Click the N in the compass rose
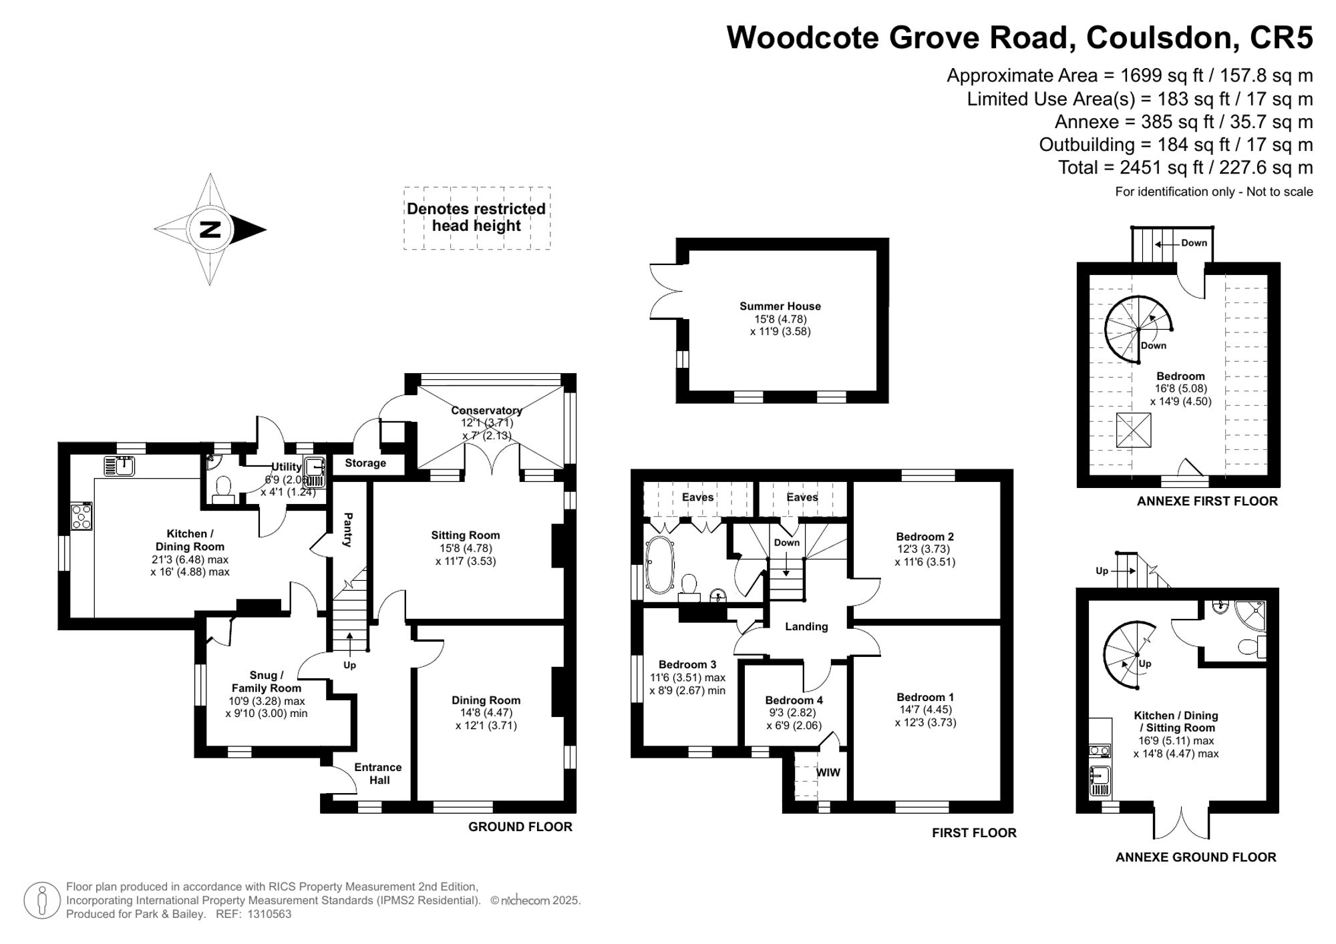click(x=210, y=230)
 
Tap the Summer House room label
click(x=780, y=306)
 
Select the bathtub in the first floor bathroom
click(x=659, y=566)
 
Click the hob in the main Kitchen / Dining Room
click(x=81, y=517)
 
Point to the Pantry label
click(x=348, y=529)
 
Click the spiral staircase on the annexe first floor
click(x=1137, y=329)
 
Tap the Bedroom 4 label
click(x=794, y=700)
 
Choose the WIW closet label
click(x=828, y=772)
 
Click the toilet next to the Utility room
click(x=223, y=487)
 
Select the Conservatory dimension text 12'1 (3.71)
click(x=486, y=423)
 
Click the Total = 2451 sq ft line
click(x=1185, y=168)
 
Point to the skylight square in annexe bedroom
click(x=1134, y=430)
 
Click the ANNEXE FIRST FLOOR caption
click(x=1206, y=501)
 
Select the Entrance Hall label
click(x=378, y=774)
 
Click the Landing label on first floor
click(x=806, y=627)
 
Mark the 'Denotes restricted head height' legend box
click(x=476, y=218)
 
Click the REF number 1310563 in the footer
click(x=269, y=914)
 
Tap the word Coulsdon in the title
click(x=1159, y=37)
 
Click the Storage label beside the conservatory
click(x=365, y=463)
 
